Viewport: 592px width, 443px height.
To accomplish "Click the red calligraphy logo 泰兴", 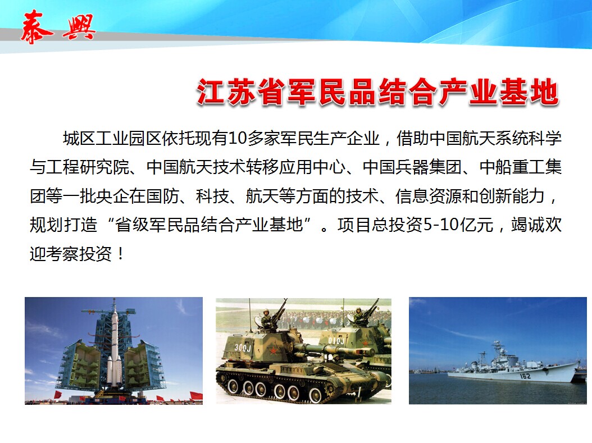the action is click(58, 27).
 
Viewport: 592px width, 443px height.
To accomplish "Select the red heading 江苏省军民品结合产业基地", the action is click(377, 92).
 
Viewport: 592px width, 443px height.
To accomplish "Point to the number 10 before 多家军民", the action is click(238, 139).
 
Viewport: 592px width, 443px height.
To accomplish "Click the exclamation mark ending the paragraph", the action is click(120, 253).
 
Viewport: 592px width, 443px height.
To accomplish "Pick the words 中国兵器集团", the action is click(412, 167).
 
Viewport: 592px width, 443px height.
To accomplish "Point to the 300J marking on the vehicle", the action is click(243, 347).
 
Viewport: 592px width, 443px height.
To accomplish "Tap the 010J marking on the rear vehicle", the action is click(336, 341).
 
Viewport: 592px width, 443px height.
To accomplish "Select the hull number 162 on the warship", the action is click(525, 376).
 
